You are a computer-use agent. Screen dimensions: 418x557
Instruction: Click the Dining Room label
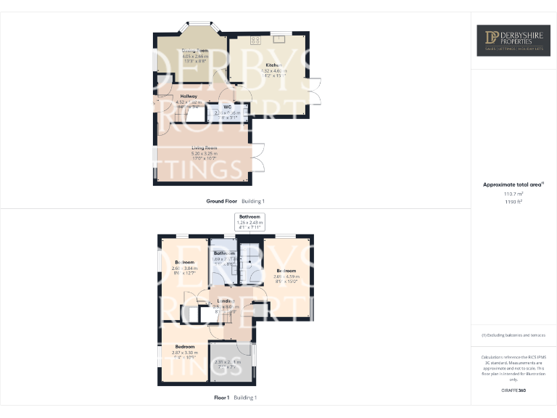[x=194, y=51]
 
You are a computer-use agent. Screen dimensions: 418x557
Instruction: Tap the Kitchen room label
[x=273, y=65]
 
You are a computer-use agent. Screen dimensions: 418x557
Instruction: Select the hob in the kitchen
[x=255, y=40]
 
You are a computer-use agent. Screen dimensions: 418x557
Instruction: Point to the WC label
[x=227, y=107]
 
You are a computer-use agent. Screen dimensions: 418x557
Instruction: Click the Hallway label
[x=189, y=96]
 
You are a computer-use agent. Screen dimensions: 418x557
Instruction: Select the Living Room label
[x=204, y=147]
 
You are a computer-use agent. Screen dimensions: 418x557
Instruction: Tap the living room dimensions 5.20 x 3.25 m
[x=204, y=153]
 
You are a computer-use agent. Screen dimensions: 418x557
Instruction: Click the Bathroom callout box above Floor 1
[x=250, y=220]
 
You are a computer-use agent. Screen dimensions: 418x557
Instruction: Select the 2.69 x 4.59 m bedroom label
[x=285, y=271]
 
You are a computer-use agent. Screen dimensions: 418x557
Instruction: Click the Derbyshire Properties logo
[x=512, y=41]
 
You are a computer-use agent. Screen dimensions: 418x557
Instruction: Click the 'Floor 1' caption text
[x=221, y=398]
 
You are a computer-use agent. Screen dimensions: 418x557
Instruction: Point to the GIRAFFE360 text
[x=513, y=391]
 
